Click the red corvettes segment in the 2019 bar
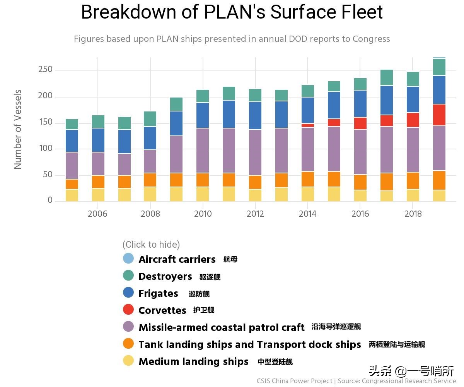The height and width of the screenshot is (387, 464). pos(439,115)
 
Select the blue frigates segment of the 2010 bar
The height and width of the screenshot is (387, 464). pos(203,115)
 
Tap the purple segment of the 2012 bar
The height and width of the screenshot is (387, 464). pos(255,152)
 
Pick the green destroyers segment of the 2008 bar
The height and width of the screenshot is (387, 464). pos(150,119)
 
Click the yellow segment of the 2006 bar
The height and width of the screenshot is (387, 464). pos(97,195)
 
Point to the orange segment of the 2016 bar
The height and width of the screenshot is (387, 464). pos(360,182)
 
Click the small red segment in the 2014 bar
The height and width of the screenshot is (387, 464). pos(308,125)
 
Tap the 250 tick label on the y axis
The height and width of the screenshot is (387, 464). pos(45,70)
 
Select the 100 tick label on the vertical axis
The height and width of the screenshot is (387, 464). pos(45,149)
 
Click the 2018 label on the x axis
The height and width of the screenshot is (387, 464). pos(413,214)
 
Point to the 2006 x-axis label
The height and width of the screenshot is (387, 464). pos(97,214)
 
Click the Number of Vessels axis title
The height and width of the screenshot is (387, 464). pos(18,129)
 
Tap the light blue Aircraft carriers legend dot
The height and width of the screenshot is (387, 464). pos(128,258)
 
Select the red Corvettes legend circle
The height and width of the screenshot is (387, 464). pos(128,309)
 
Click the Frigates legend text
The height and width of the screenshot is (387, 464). pos(158,293)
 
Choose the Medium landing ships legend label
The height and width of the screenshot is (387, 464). pos(193,361)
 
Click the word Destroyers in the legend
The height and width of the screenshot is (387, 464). pos(165,276)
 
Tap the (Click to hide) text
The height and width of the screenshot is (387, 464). pos(151,245)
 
